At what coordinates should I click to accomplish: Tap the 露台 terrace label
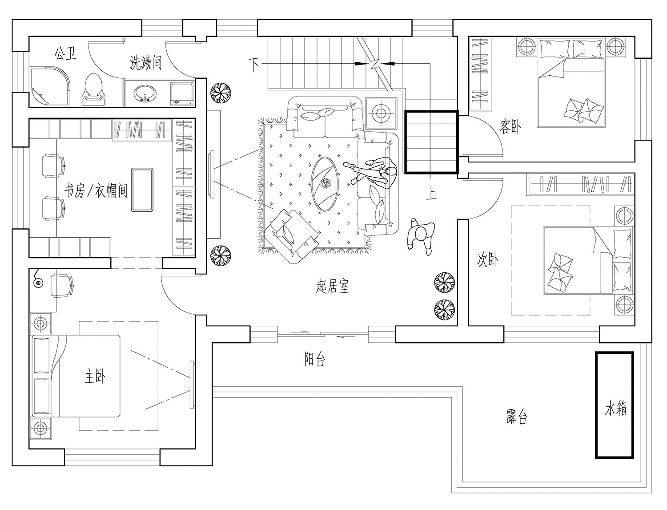tap(517, 417)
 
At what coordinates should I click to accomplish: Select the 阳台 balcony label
tap(315, 359)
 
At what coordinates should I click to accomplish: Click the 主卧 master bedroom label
tap(95, 377)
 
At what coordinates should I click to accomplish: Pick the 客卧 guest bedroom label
tap(510, 127)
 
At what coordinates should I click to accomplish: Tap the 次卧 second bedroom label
tap(487, 259)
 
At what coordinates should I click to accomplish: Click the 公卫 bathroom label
tap(65, 54)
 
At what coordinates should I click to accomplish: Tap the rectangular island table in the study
tap(142, 190)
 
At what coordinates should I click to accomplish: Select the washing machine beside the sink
tap(182, 94)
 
